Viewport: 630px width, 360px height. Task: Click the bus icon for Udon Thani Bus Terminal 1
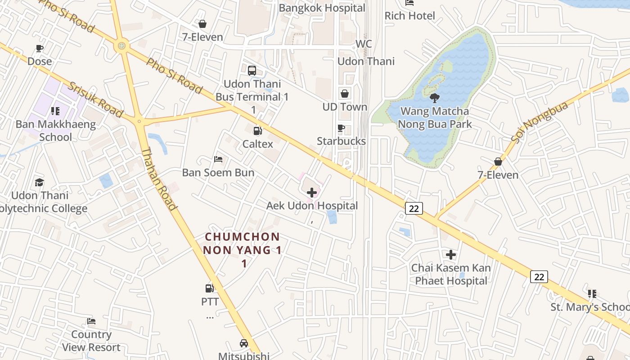(252, 71)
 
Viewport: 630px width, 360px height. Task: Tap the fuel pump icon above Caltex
(258, 131)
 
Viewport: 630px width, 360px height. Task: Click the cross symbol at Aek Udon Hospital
(311, 193)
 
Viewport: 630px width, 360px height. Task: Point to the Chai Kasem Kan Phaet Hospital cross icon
(451, 255)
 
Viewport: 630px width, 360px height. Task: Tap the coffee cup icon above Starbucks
(341, 128)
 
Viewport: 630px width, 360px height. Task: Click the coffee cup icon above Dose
(40, 48)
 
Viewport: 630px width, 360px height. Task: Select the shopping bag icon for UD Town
(345, 94)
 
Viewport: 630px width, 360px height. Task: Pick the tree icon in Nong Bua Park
(435, 98)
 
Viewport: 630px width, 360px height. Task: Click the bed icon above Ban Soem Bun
(218, 159)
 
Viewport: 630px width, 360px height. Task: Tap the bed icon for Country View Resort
(91, 321)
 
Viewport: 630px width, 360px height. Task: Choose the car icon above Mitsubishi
(243, 343)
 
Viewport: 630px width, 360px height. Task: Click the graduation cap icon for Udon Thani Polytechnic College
(40, 182)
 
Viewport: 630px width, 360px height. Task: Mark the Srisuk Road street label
(95, 100)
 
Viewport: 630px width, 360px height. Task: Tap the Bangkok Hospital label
(322, 8)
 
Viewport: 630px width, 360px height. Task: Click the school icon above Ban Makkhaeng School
(55, 111)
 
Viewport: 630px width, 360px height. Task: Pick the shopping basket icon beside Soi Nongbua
(498, 162)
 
